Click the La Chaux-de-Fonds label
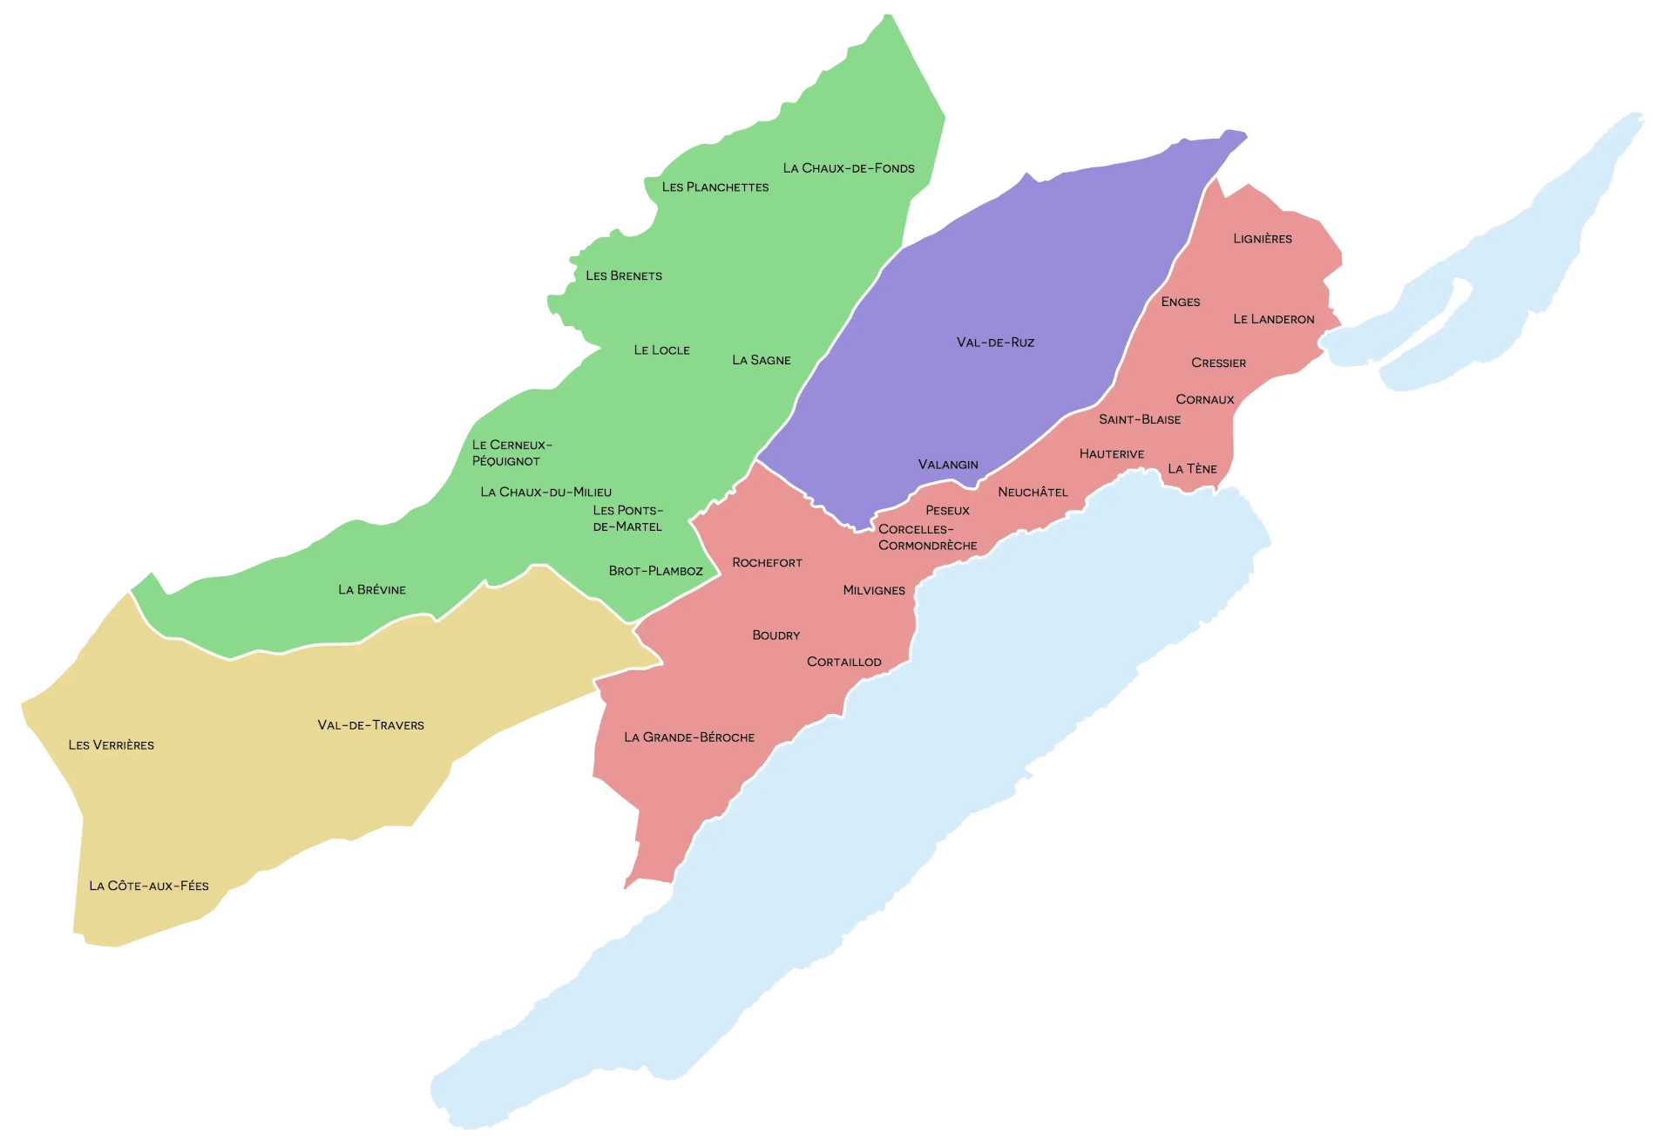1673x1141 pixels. tap(849, 168)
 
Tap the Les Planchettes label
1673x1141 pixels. tap(715, 187)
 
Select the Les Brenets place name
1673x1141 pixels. tap(624, 276)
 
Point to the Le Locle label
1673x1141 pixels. tap(661, 350)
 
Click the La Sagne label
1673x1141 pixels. tap(761, 360)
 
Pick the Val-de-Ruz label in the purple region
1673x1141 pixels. tap(995, 343)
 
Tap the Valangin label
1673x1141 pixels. tap(948, 465)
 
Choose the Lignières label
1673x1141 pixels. tap(1263, 239)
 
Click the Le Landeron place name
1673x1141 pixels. tap(1273, 319)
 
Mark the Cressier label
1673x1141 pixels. tap(1218, 363)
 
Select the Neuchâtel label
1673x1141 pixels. tap(1033, 492)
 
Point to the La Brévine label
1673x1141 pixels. tap(372, 590)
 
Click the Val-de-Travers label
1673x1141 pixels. tap(370, 725)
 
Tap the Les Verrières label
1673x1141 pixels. tap(111, 745)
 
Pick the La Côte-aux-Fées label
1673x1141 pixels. tap(149, 886)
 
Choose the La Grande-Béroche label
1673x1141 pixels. tap(689, 737)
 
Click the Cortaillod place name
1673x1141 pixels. tap(843, 662)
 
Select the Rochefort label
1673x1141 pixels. tap(767, 563)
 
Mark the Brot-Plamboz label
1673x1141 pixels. tap(655, 571)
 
